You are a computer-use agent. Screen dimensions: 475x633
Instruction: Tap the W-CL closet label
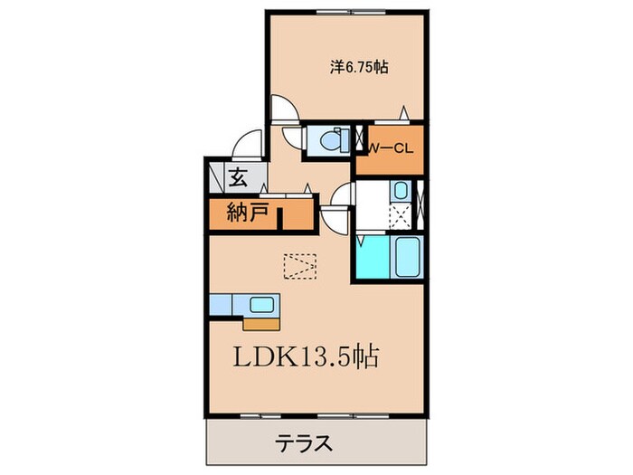[x=391, y=149]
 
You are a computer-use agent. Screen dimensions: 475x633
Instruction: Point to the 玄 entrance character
[x=239, y=177]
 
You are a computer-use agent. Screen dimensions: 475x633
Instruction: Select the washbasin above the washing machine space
[x=401, y=192]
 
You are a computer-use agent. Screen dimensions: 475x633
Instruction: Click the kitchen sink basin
[x=263, y=305]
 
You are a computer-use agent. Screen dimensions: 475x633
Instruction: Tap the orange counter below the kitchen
[x=261, y=322]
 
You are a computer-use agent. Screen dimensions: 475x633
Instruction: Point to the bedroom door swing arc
[x=285, y=107]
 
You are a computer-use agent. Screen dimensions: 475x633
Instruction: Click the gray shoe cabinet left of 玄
[x=217, y=177]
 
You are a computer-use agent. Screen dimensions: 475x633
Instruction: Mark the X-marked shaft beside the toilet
[x=359, y=143]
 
